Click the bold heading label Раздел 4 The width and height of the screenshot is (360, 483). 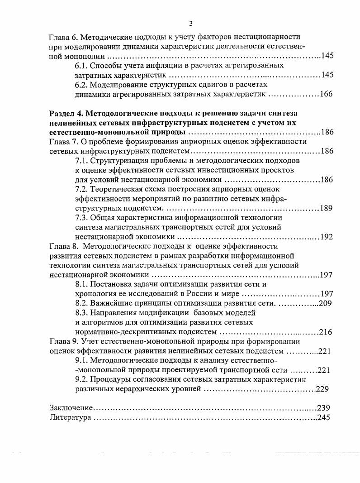65,113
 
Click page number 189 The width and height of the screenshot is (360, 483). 326,208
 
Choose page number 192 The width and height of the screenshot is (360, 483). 326,237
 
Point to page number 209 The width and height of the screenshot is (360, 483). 326,303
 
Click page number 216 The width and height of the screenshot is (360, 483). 326,332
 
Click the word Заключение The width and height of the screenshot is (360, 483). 71,407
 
